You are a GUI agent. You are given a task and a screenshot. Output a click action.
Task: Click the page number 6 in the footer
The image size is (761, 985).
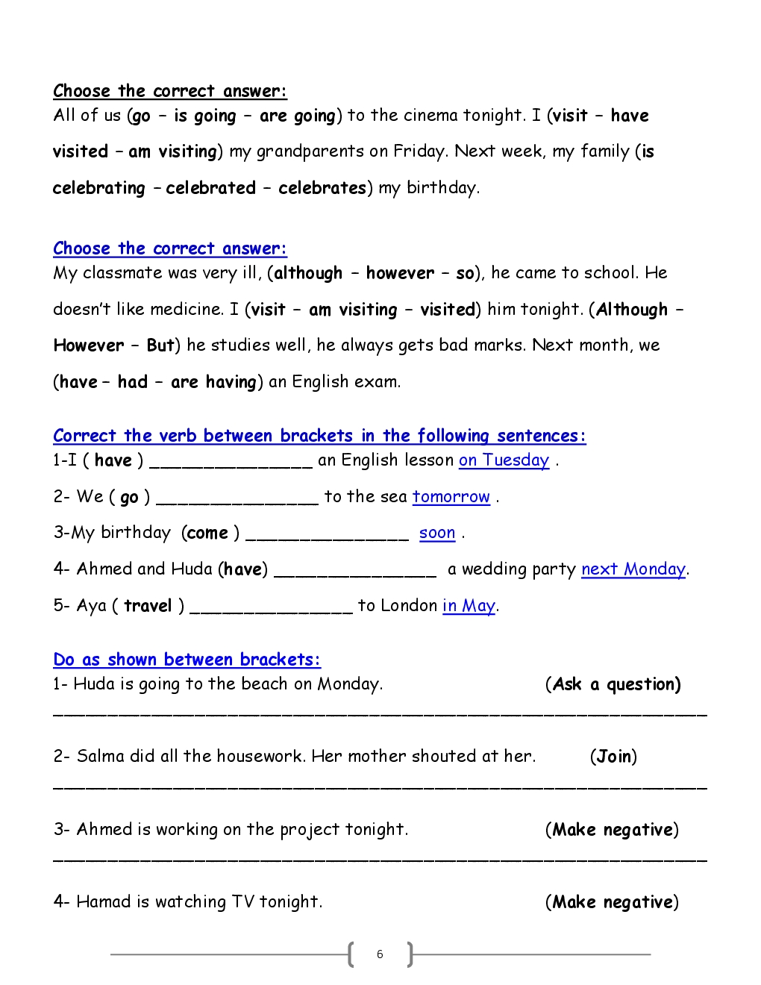click(x=380, y=954)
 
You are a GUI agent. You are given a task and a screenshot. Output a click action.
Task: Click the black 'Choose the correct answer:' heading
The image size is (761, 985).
click(x=169, y=91)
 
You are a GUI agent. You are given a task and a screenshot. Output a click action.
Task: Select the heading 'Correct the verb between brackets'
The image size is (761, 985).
click(x=319, y=436)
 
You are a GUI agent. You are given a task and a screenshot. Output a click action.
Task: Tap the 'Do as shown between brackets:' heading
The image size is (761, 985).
click(x=187, y=660)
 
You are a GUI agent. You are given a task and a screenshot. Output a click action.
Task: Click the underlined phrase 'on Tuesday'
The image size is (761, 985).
click(x=504, y=460)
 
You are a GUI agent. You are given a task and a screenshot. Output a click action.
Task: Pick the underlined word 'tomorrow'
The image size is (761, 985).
click(x=451, y=497)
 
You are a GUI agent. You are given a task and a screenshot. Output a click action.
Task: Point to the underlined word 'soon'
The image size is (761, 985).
click(x=436, y=533)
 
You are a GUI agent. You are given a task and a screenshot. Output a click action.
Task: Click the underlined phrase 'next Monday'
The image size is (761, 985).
click(x=633, y=569)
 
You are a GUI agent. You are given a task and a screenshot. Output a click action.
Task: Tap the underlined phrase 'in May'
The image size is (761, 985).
click(x=469, y=605)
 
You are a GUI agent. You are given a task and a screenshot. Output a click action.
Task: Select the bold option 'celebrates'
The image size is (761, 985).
click(x=322, y=188)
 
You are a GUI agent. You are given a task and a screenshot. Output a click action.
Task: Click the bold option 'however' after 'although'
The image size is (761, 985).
click(x=400, y=273)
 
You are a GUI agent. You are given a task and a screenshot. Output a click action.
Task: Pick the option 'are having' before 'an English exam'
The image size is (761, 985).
click(x=213, y=382)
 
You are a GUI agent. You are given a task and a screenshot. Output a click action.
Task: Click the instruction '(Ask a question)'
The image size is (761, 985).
click(x=613, y=684)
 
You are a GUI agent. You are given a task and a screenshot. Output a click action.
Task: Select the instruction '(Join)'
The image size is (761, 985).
click(x=613, y=757)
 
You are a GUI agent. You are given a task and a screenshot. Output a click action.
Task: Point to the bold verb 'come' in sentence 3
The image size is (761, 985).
click(x=207, y=533)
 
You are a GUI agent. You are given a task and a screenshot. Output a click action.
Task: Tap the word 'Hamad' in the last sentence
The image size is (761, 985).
click(x=104, y=901)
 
